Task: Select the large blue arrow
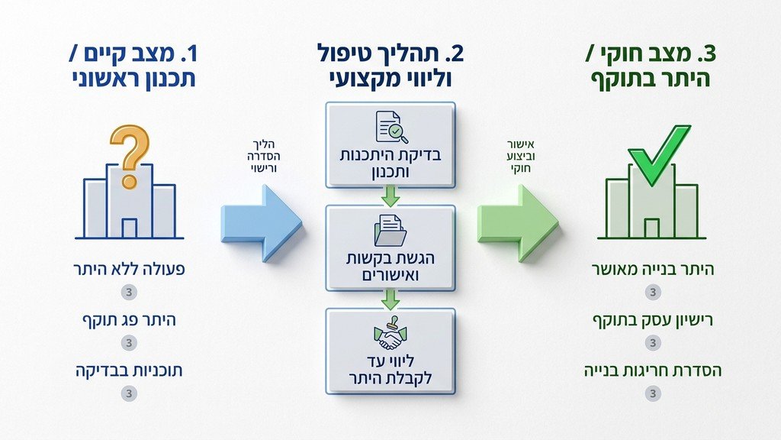pyautogui.click(x=261, y=224)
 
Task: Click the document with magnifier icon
pyautogui.click(x=389, y=128)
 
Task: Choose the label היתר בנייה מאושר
pyautogui.click(x=651, y=270)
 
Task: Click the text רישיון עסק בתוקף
pyautogui.click(x=651, y=320)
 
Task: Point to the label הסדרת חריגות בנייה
pyautogui.click(x=651, y=370)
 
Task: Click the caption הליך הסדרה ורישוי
pyautogui.click(x=261, y=156)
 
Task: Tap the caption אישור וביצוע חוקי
pyautogui.click(x=519, y=156)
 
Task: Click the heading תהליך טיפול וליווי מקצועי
pyautogui.click(x=390, y=66)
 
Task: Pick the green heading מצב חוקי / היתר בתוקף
pyautogui.click(x=651, y=66)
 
